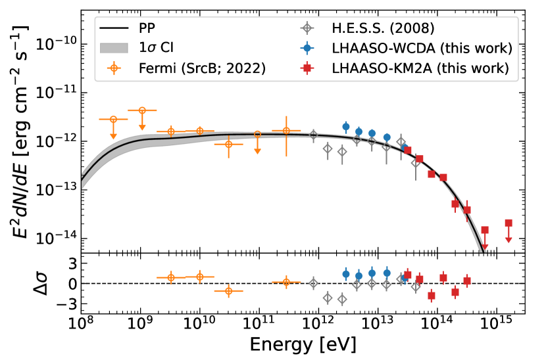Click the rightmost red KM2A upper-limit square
tap(509, 223)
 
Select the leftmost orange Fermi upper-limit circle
tap(113, 120)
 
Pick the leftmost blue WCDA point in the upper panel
tap(346, 126)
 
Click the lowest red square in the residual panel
tap(432, 296)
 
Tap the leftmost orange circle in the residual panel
tap(170, 277)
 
